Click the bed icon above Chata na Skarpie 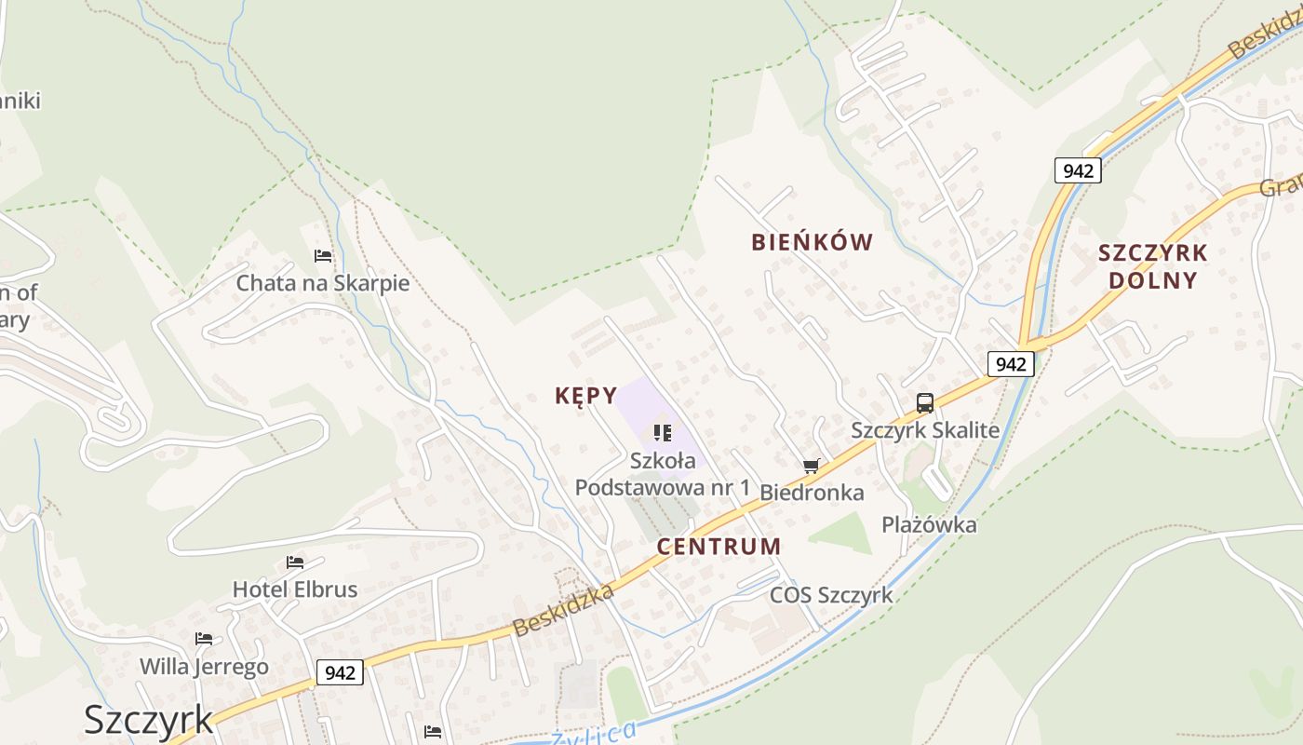pos(323,255)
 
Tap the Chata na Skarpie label pos(322,283)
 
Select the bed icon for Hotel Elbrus pos(295,562)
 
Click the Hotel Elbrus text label pos(294,589)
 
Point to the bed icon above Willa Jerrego pos(204,639)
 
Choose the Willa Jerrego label pos(204,667)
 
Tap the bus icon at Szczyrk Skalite pos(924,403)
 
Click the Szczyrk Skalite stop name pos(925,430)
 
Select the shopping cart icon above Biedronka pos(812,466)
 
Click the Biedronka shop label pos(812,493)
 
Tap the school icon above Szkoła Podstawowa pos(663,433)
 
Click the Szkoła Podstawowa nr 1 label pos(663,474)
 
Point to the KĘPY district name pos(585,396)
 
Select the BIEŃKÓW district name pos(812,243)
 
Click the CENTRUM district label pos(719,547)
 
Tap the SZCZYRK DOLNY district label pos(1152,266)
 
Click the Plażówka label pos(929,525)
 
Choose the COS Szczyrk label pos(831,595)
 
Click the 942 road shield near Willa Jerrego pos(340,671)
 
